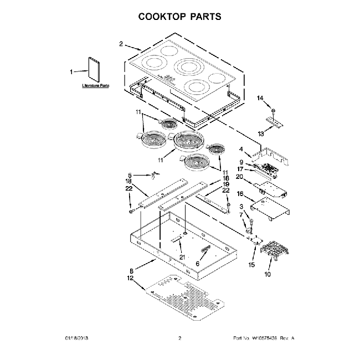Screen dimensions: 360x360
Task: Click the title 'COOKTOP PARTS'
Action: (x=179, y=16)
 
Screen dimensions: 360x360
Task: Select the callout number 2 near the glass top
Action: (x=121, y=44)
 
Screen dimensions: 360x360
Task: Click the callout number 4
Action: (x=241, y=148)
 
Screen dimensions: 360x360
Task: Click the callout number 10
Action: (x=269, y=274)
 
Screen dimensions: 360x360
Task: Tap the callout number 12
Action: (x=130, y=279)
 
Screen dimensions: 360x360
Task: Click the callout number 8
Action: (x=131, y=271)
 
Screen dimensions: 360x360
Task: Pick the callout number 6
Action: (x=197, y=264)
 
